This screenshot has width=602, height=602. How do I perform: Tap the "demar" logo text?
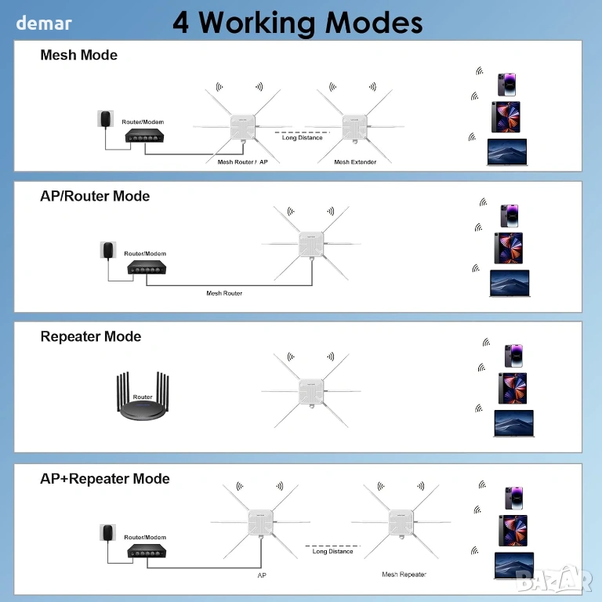point(44,23)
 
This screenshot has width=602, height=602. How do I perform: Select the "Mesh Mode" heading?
point(78,55)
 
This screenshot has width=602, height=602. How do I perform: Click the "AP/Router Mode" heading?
point(95,196)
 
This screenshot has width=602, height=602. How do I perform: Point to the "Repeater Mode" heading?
point(91,336)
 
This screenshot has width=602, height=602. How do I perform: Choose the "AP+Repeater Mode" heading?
point(105,478)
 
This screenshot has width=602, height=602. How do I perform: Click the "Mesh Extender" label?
point(355,162)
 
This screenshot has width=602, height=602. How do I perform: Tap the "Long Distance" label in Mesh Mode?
point(302,138)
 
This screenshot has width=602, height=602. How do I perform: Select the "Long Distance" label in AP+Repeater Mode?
point(333,552)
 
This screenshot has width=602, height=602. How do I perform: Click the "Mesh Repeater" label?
point(404,575)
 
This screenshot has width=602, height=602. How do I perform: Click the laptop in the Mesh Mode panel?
point(508,152)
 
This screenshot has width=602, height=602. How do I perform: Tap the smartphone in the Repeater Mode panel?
point(513,356)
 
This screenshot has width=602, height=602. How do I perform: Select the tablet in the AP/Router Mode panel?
point(509,248)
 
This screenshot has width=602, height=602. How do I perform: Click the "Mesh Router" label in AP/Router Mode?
point(224,293)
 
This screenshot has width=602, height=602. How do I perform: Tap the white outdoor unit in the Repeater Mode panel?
point(310,390)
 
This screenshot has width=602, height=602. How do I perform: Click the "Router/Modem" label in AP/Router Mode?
point(145,254)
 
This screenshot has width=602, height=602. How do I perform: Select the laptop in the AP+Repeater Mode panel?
point(514,566)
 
